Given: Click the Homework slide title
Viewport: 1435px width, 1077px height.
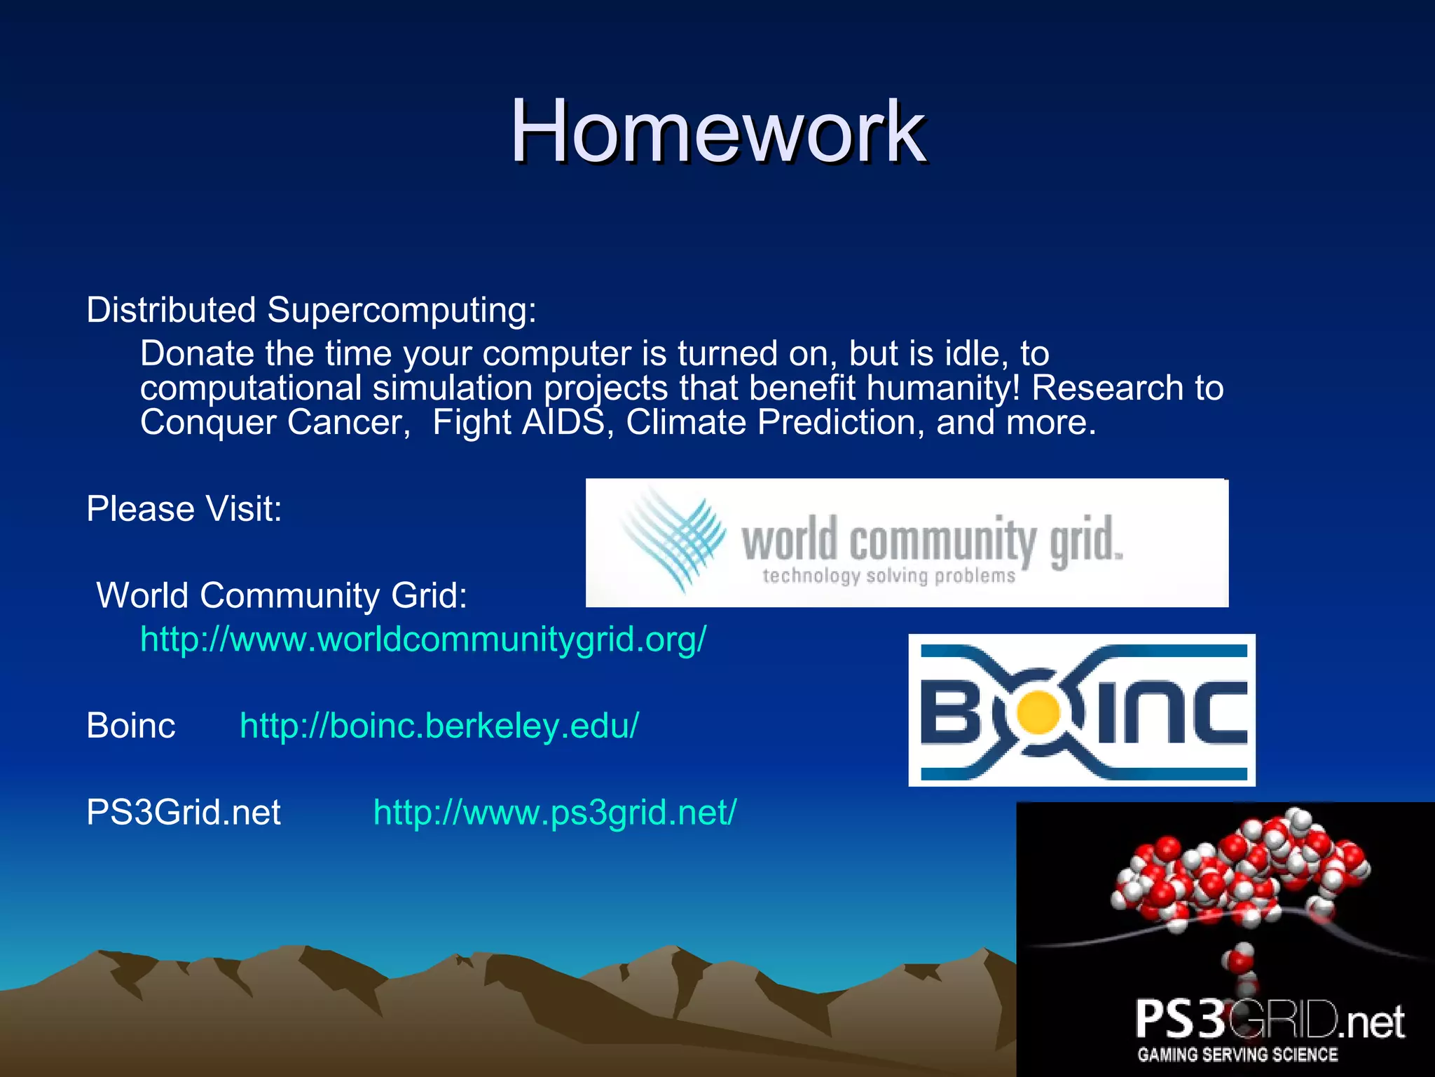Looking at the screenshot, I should click(x=717, y=132).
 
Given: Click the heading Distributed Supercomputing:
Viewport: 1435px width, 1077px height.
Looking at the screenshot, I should click(x=311, y=310).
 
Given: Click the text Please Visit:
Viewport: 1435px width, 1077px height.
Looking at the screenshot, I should click(x=184, y=508).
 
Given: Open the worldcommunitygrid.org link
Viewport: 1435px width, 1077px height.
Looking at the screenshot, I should click(x=423, y=639).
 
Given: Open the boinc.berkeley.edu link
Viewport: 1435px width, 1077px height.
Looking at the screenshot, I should click(x=439, y=725).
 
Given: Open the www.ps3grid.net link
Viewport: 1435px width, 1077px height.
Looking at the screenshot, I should click(x=555, y=812).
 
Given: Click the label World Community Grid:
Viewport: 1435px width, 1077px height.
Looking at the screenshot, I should click(x=282, y=595).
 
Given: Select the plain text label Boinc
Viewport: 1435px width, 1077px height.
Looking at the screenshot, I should click(x=130, y=725).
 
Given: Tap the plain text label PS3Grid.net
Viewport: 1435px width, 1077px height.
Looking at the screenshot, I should click(x=183, y=812).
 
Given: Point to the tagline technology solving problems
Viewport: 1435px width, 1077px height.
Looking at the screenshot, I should click(x=888, y=576).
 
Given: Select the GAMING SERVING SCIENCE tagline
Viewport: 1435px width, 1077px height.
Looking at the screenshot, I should click(x=1237, y=1054).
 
